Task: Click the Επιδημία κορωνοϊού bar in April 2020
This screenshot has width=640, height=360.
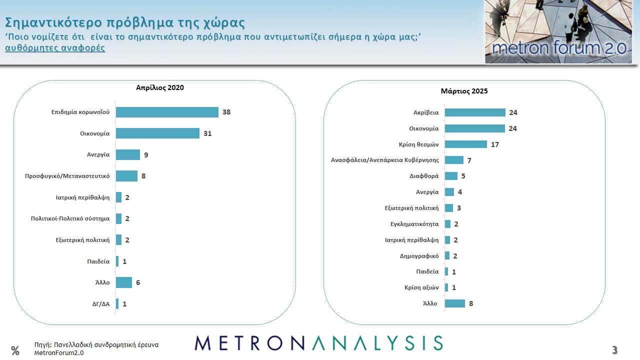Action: (x=167, y=112)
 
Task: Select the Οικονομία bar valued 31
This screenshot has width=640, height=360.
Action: (x=157, y=133)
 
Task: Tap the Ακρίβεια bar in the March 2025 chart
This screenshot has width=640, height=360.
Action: (x=475, y=112)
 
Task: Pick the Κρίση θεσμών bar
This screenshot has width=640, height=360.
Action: (x=465, y=144)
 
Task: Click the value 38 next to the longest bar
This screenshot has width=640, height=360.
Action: (x=226, y=112)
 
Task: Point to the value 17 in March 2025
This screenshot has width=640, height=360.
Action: (x=495, y=144)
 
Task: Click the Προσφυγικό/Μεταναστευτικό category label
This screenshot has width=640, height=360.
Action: (x=67, y=176)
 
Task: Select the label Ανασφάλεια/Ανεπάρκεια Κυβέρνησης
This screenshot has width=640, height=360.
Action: (x=385, y=160)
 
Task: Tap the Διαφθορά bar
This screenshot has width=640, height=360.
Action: (x=451, y=176)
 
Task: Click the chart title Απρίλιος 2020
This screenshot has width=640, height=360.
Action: (x=160, y=87)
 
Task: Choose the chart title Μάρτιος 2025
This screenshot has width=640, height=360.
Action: (x=464, y=91)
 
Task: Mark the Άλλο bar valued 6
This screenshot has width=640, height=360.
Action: (x=123, y=282)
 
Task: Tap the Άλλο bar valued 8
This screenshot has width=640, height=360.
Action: (x=454, y=303)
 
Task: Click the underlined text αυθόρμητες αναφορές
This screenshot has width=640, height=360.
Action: (x=55, y=48)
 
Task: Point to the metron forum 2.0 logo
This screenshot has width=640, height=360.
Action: (x=558, y=32)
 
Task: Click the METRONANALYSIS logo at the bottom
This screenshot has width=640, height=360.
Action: (x=318, y=343)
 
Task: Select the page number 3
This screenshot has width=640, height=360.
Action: (x=615, y=349)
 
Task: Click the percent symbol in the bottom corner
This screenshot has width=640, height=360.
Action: (x=15, y=350)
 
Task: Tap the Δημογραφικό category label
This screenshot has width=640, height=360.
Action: (x=419, y=256)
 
